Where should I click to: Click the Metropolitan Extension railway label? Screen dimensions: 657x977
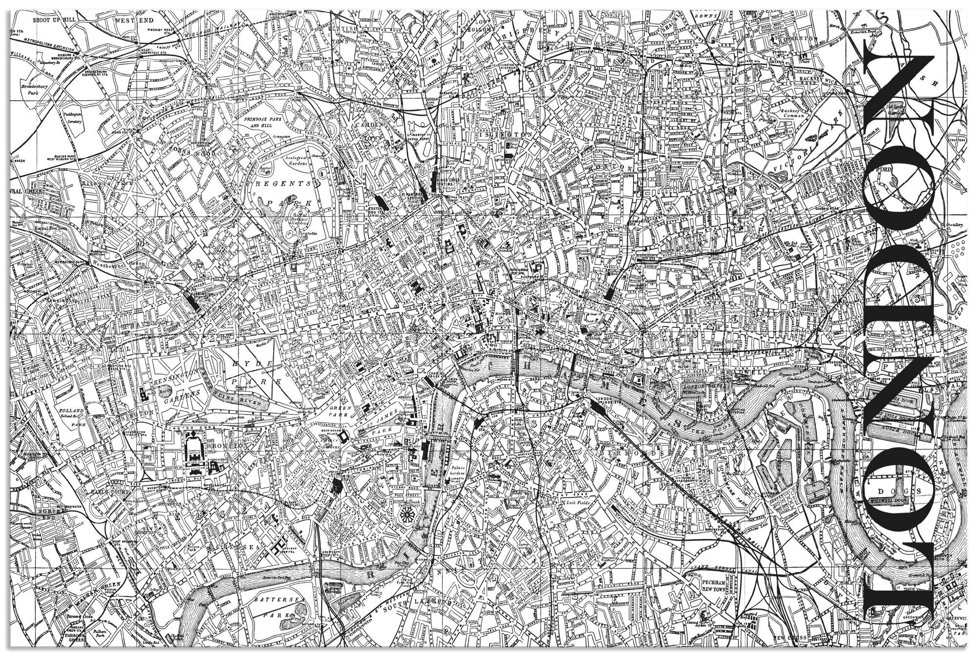49,45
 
